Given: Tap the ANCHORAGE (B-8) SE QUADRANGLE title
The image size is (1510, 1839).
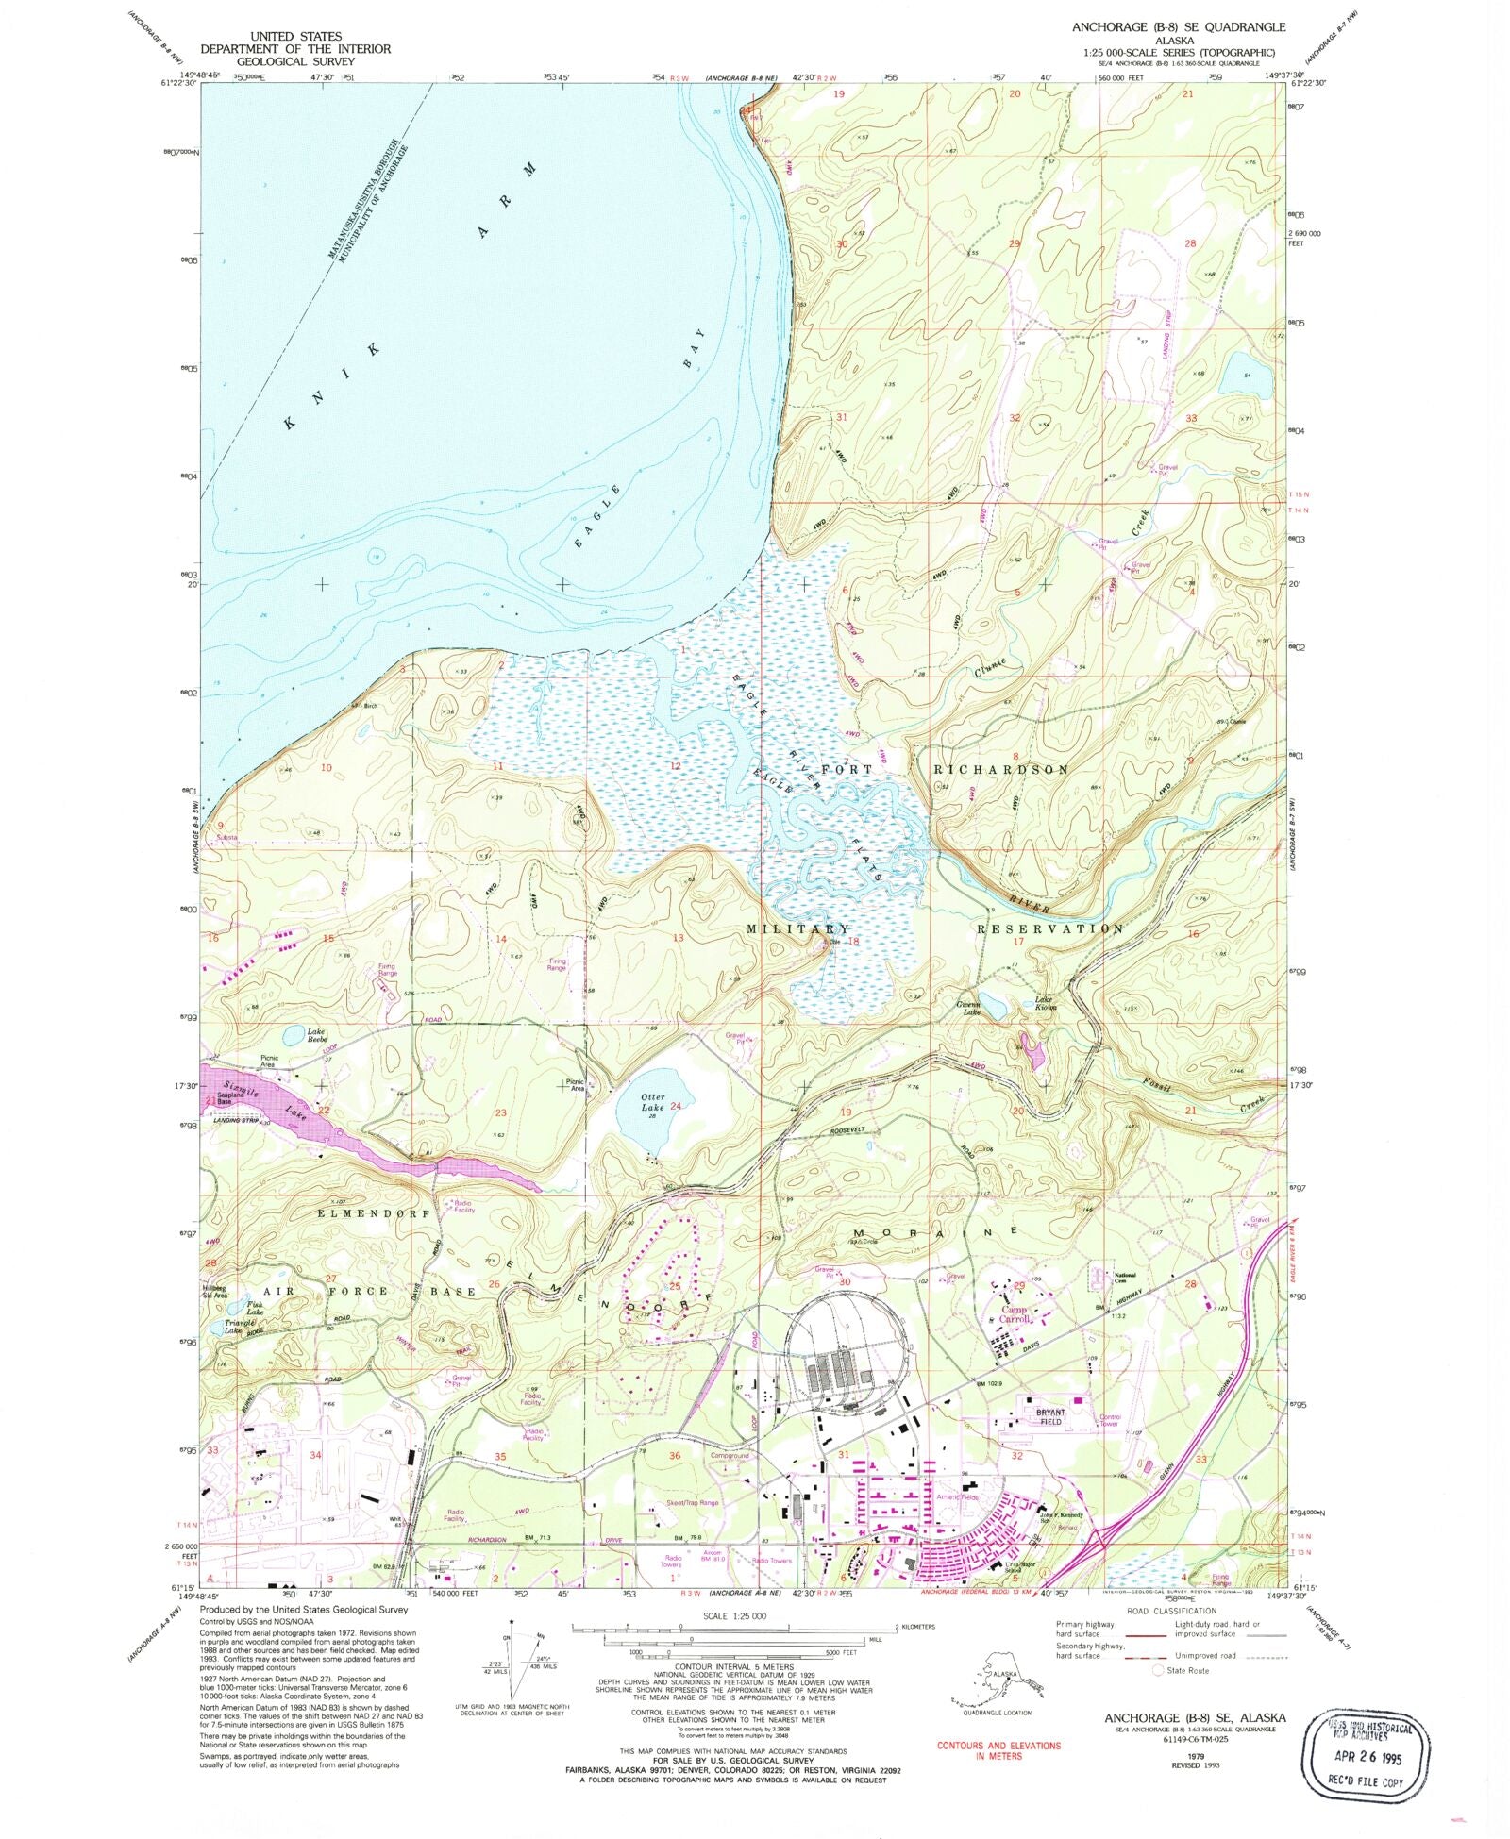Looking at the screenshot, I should click(1178, 27).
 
